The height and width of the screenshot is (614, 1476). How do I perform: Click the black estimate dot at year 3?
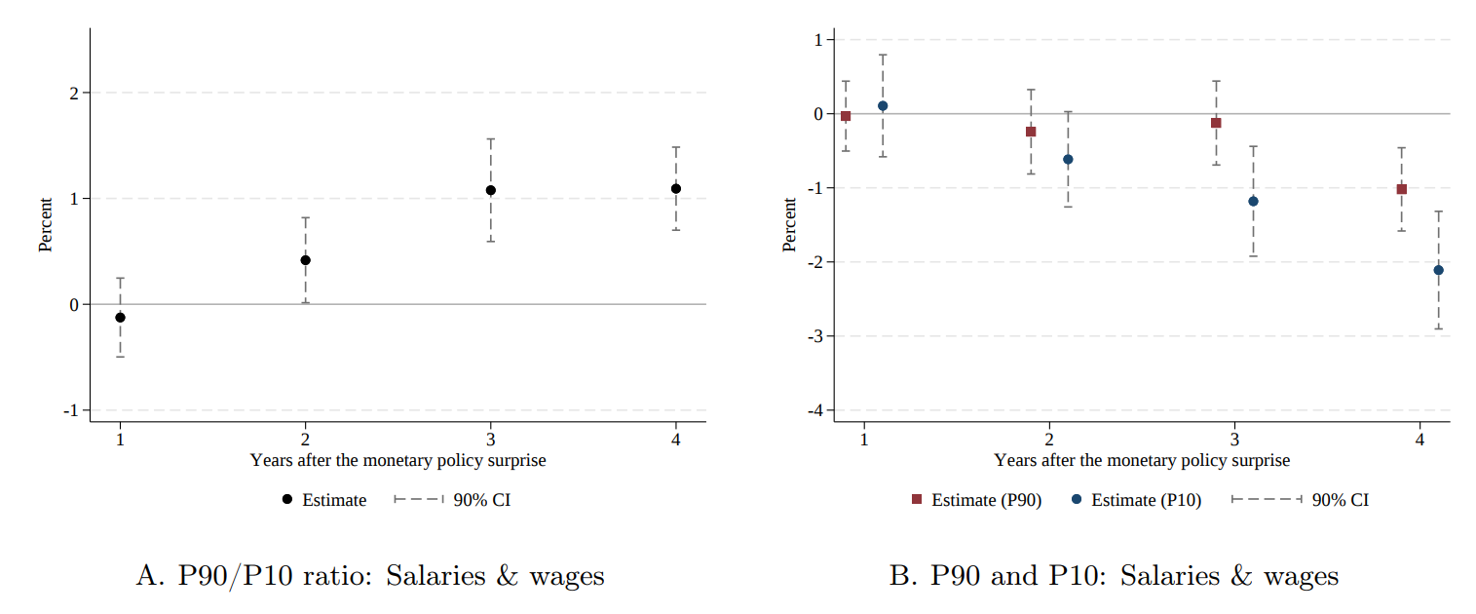(x=490, y=190)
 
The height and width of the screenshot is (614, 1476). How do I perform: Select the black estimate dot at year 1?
(x=120, y=318)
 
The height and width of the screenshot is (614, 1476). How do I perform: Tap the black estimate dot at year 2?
(x=305, y=260)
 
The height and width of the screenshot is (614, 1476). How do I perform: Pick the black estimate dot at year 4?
(x=675, y=188)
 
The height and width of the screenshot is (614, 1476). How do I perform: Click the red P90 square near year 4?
(x=1401, y=189)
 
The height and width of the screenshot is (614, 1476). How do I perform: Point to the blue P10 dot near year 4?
(x=1438, y=270)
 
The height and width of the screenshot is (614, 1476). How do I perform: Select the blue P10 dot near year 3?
(x=1253, y=201)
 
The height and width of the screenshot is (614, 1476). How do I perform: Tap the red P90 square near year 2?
(x=1031, y=132)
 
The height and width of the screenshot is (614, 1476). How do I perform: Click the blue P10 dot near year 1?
(x=883, y=105)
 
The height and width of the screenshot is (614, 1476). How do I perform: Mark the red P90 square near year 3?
(x=1216, y=123)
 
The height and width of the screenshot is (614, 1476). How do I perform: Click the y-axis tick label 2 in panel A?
(x=73, y=93)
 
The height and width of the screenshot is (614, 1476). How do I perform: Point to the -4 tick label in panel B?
(x=815, y=410)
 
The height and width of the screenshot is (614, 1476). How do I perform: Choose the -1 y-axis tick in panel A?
(x=70, y=410)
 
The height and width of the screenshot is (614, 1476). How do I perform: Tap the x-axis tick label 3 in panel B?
(x=1234, y=439)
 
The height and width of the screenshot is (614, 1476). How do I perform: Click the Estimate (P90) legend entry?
(x=977, y=500)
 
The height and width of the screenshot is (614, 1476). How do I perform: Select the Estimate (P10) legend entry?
(x=1137, y=500)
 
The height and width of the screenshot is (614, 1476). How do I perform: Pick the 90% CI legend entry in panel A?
(x=453, y=500)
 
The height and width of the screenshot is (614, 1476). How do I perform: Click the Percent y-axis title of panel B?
(x=790, y=224)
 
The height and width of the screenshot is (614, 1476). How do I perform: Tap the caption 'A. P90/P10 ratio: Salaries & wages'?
(x=370, y=576)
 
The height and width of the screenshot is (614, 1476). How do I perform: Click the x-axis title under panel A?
(x=397, y=460)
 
